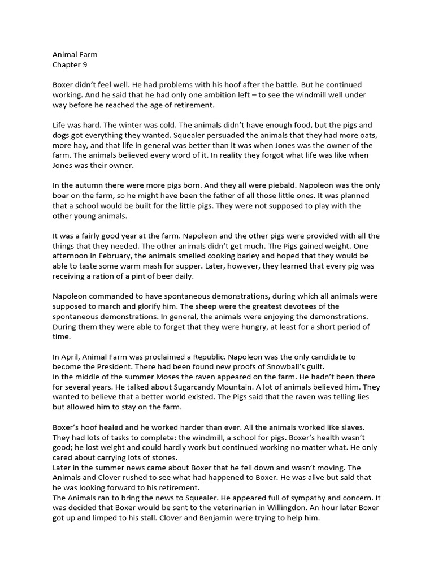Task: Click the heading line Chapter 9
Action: coord(70,64)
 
